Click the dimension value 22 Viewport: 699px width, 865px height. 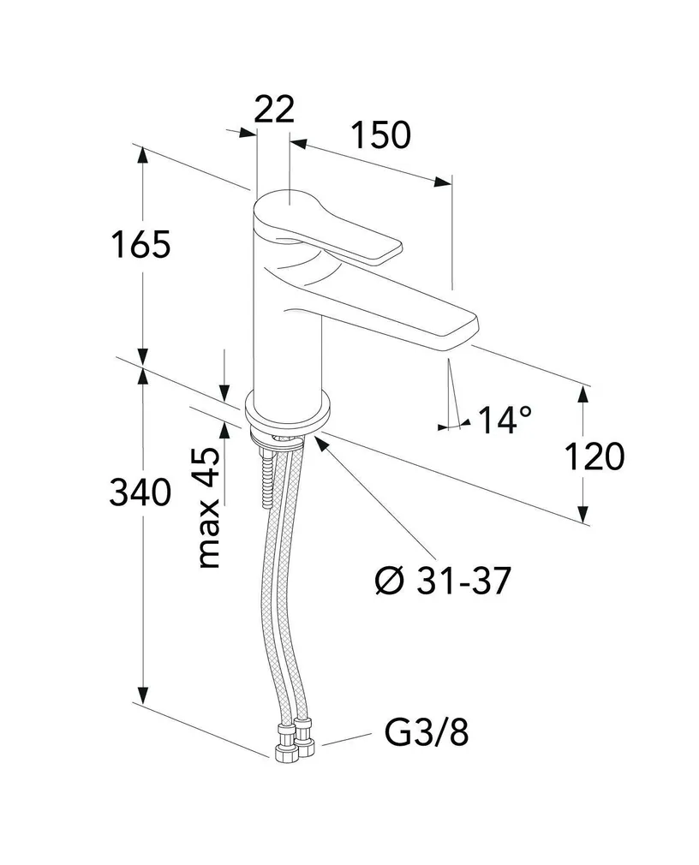(274, 110)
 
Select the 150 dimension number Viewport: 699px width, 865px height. (381, 135)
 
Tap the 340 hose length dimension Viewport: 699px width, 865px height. (140, 492)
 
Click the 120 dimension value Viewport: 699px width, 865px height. (594, 456)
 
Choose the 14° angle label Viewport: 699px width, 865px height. (505, 420)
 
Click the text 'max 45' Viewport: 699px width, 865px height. (208, 508)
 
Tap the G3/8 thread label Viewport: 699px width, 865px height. (427, 733)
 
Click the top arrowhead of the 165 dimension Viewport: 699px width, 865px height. (142, 155)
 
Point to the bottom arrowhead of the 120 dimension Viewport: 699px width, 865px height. (583, 513)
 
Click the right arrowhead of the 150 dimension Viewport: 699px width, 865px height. (443, 182)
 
